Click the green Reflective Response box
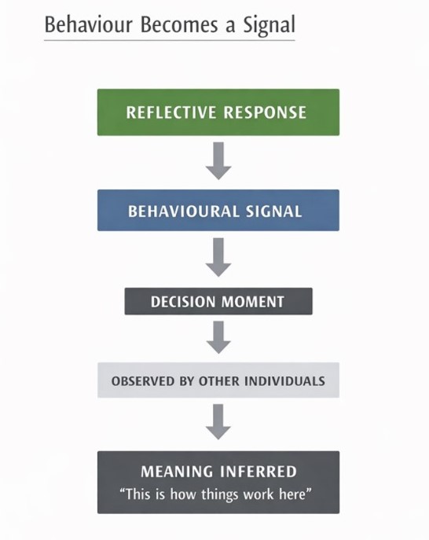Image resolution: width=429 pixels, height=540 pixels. click(218, 112)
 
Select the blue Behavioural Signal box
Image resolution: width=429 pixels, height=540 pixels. click(218, 210)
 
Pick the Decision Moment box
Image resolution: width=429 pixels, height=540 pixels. click(218, 301)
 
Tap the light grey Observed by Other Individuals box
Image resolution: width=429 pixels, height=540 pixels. click(218, 380)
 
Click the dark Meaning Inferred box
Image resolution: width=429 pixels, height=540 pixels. click(218, 482)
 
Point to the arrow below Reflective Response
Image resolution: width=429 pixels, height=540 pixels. click(218, 161)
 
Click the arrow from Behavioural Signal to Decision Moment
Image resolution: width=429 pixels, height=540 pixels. click(218, 257)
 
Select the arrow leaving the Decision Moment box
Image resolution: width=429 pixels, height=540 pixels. click(218, 336)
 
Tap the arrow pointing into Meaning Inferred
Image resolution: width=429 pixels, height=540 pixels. click(218, 421)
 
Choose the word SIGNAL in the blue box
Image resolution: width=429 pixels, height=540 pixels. click(274, 211)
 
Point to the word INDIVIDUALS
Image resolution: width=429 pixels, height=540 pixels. click(284, 381)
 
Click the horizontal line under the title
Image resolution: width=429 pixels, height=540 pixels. click(169, 40)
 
